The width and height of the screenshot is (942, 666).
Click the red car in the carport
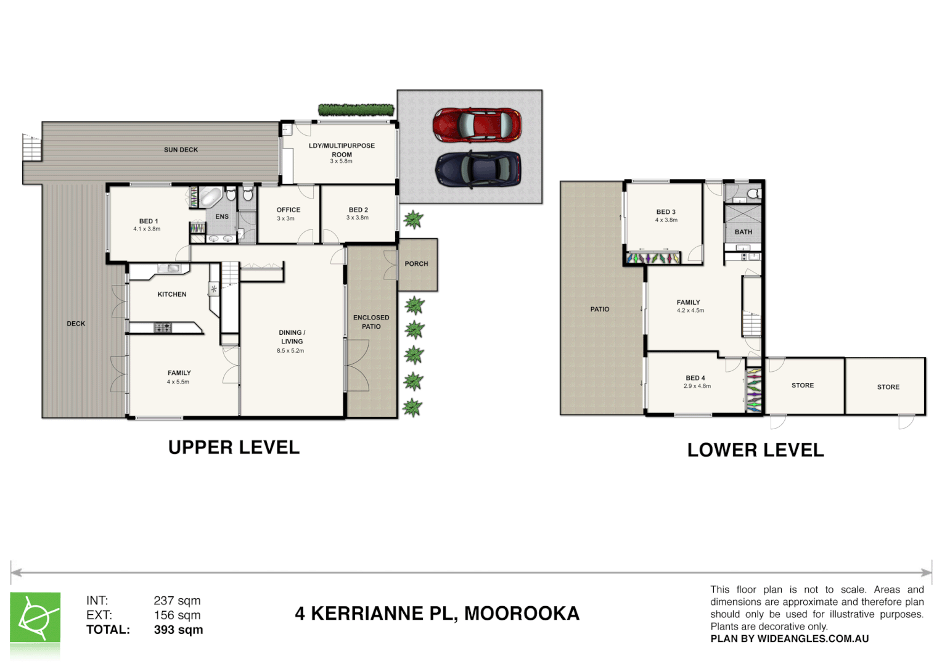[477, 125]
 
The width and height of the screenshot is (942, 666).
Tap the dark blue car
[478, 169]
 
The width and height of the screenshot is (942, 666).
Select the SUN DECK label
[181, 150]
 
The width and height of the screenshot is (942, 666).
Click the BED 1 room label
[148, 221]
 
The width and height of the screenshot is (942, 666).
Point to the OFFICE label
[288, 210]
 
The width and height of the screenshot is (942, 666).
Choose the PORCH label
[416, 264]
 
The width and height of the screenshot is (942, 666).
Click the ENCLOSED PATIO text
[371, 322]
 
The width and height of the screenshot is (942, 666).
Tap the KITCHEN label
[171, 295]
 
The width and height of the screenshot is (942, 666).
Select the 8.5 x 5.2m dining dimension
[290, 351]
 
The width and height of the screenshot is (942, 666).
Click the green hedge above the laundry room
[356, 110]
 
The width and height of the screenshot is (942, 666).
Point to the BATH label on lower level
[743, 232]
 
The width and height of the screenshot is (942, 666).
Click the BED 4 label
[695, 378]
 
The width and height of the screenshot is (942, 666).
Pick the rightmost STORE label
[888, 387]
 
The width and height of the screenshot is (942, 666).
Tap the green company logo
[35, 618]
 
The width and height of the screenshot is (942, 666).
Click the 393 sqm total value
[178, 630]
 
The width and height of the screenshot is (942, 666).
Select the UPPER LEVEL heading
[234, 448]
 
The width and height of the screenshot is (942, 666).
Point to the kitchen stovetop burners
[163, 327]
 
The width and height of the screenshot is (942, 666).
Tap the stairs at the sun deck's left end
[31, 147]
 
